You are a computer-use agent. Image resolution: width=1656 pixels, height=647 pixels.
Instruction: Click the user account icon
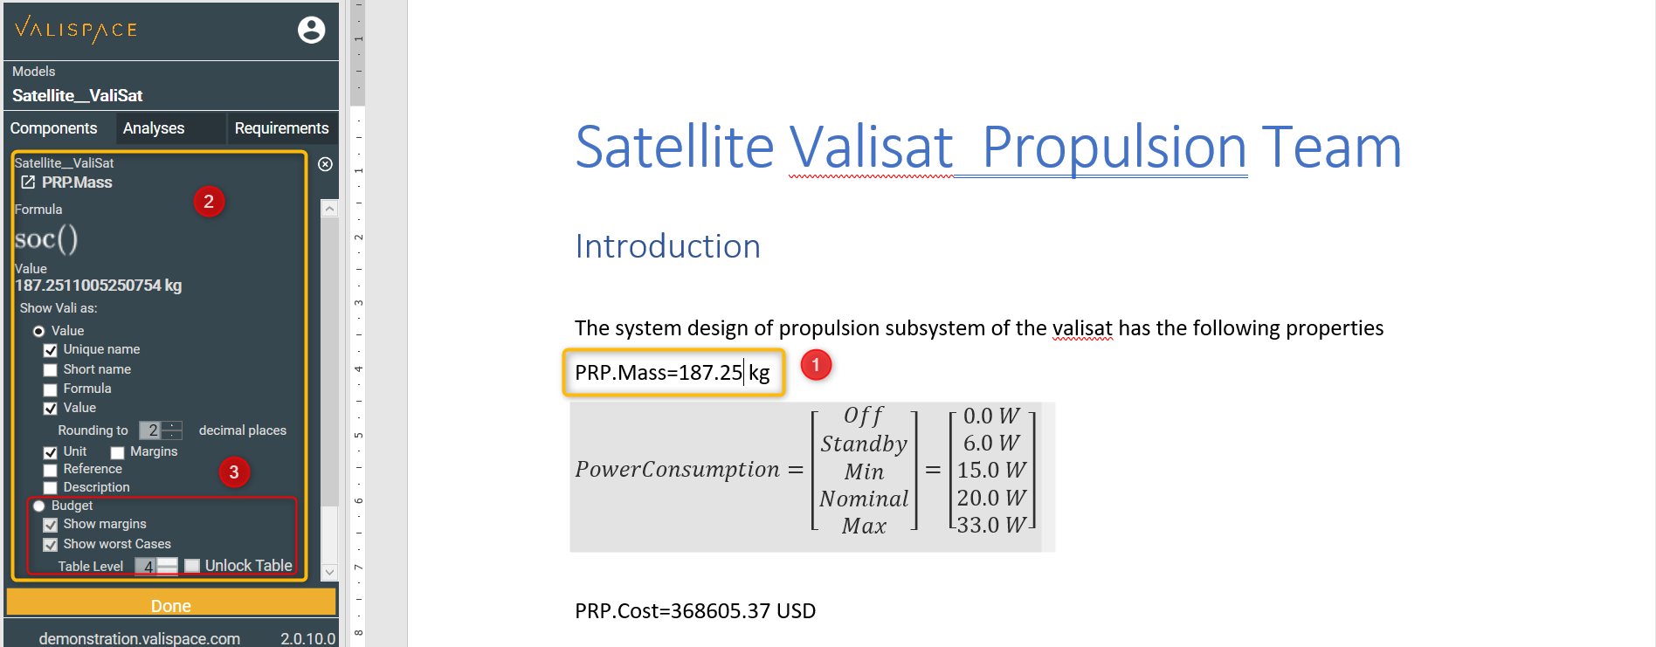coord(311,30)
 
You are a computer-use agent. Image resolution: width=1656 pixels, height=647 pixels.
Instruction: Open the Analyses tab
coord(154,128)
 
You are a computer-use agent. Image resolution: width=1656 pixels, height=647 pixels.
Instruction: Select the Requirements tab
coord(281,128)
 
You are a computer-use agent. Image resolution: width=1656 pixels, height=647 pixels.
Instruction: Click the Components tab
coord(54,128)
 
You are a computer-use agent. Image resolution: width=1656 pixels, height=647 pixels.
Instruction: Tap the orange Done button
coord(171,605)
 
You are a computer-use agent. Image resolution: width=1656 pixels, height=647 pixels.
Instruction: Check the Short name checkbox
coord(51,370)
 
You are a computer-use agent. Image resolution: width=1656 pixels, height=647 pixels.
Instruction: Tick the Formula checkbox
coord(51,389)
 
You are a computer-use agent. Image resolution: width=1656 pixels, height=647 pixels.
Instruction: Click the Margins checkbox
coord(118,452)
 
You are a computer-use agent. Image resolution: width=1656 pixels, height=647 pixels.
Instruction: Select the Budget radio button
coord(39,506)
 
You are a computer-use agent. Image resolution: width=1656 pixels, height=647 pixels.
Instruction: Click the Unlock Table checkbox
coord(192,566)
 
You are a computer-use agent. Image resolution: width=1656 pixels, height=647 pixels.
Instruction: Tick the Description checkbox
coord(51,488)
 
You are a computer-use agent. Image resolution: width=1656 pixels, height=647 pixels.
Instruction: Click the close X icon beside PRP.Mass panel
coord(325,164)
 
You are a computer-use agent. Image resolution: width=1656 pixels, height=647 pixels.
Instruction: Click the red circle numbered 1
coord(816,365)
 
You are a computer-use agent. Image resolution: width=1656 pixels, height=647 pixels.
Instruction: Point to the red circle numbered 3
coord(234,472)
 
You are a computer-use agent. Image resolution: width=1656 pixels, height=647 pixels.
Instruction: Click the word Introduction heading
coord(668,246)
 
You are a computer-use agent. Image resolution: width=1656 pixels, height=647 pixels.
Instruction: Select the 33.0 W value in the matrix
coord(991,525)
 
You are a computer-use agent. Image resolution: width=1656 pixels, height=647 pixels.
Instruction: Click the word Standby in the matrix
coord(864,444)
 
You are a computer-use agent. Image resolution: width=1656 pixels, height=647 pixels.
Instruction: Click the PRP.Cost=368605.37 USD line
coord(695,611)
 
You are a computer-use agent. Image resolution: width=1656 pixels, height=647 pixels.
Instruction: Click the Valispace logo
coord(76,30)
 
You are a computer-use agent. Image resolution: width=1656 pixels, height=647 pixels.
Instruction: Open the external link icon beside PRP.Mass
coord(28,182)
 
